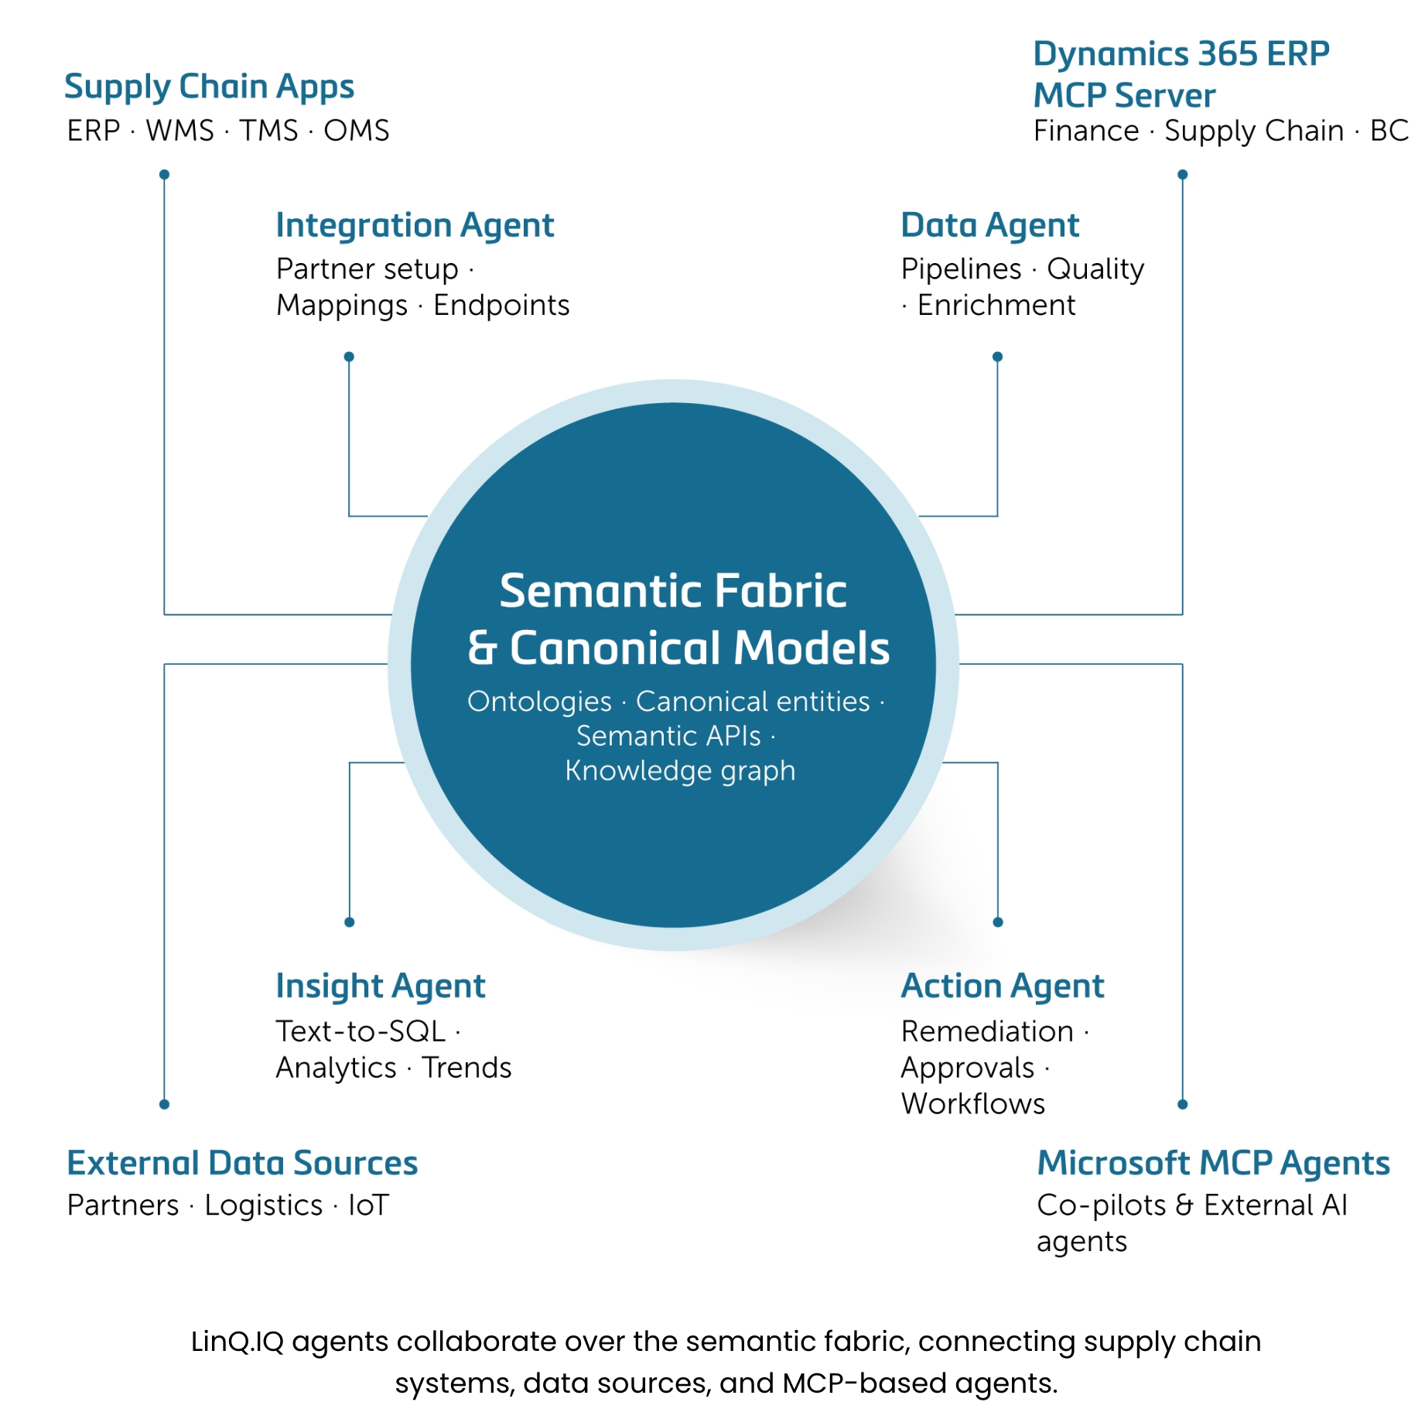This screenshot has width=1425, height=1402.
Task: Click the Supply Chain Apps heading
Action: [209, 87]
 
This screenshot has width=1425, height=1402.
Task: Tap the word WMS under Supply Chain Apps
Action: [179, 131]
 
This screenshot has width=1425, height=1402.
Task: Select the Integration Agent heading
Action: [415, 226]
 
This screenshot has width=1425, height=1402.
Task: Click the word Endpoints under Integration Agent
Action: [501, 306]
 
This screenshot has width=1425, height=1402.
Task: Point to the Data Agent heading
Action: [989, 226]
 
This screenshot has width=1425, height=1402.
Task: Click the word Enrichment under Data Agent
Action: [996, 306]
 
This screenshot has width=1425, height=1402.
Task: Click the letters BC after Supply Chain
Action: [1389, 131]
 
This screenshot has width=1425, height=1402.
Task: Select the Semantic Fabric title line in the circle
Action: [673, 591]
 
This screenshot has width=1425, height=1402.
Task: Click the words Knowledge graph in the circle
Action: [680, 771]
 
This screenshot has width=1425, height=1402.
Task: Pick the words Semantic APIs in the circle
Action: [668, 736]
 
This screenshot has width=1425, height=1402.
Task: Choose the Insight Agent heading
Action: [381, 987]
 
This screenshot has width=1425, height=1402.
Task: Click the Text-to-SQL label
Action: [361, 1031]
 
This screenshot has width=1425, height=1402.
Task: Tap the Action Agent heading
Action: [1003, 987]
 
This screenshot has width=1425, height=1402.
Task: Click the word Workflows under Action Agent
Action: [972, 1104]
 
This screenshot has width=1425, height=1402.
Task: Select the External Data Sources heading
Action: [242, 1164]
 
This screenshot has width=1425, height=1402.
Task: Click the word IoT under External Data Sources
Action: [368, 1205]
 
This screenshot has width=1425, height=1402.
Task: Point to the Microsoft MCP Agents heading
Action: [1213, 1164]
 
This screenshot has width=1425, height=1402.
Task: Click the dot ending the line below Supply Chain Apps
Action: [164, 175]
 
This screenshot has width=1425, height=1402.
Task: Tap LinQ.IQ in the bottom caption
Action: [237, 1342]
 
